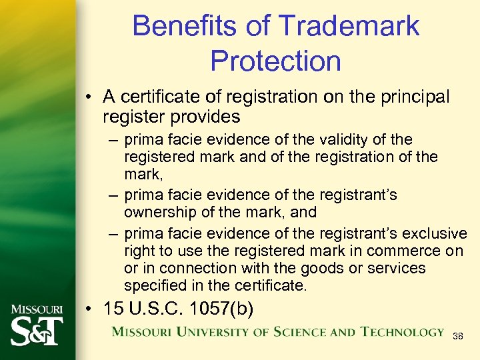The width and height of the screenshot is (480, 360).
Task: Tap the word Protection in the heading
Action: click(x=275, y=61)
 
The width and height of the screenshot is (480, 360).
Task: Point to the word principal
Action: click(x=412, y=97)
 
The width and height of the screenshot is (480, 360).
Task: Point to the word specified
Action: click(x=153, y=285)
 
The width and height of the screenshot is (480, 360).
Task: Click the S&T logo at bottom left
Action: click(x=37, y=327)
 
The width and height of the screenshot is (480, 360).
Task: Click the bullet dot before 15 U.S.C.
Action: click(x=90, y=310)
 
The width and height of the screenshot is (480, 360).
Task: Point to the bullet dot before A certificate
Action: click(x=90, y=97)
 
